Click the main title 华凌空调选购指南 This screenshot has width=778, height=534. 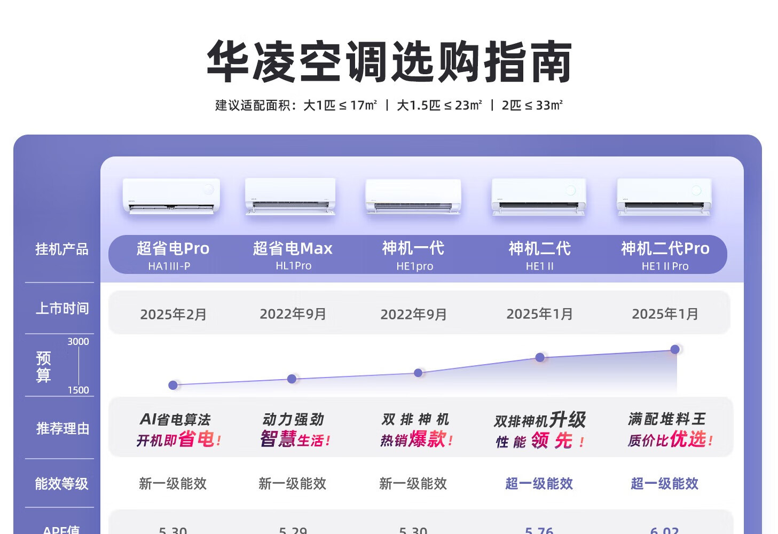389,61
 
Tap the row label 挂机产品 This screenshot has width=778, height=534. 61,249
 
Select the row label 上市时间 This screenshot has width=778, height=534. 62,309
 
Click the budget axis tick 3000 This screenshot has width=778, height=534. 78,342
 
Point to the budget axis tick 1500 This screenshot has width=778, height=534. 78,390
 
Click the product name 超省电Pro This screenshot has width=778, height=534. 172,248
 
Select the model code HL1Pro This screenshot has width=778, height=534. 293,266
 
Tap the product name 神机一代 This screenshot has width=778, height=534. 413,248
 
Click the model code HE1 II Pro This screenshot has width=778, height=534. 665,266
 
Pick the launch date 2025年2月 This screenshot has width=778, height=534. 173,315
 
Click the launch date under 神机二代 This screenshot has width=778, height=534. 539,314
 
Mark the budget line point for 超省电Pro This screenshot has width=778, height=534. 173,385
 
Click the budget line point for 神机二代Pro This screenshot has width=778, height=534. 675,349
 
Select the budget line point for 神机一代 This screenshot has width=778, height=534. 418,373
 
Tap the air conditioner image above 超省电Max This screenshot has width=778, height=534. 290,197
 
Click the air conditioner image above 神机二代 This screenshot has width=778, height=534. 539,197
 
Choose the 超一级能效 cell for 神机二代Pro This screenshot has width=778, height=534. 664,484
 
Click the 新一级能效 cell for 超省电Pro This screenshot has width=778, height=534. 172,484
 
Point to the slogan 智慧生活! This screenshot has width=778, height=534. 295,439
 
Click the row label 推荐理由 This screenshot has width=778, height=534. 62,429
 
